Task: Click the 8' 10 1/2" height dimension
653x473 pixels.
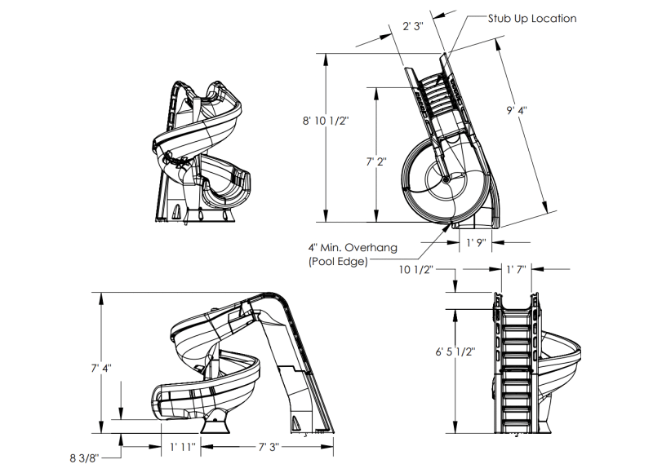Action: coord(325,121)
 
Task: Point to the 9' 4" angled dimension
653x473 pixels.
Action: coord(516,111)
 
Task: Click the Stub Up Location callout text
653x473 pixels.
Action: coord(532,18)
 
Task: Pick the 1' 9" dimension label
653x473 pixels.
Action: coord(476,242)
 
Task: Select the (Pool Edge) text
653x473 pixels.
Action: coord(338,261)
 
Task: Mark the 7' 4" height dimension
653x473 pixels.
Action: coord(102,369)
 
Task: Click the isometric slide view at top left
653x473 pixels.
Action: coord(200,151)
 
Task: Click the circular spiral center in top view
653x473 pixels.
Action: coord(446,177)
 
